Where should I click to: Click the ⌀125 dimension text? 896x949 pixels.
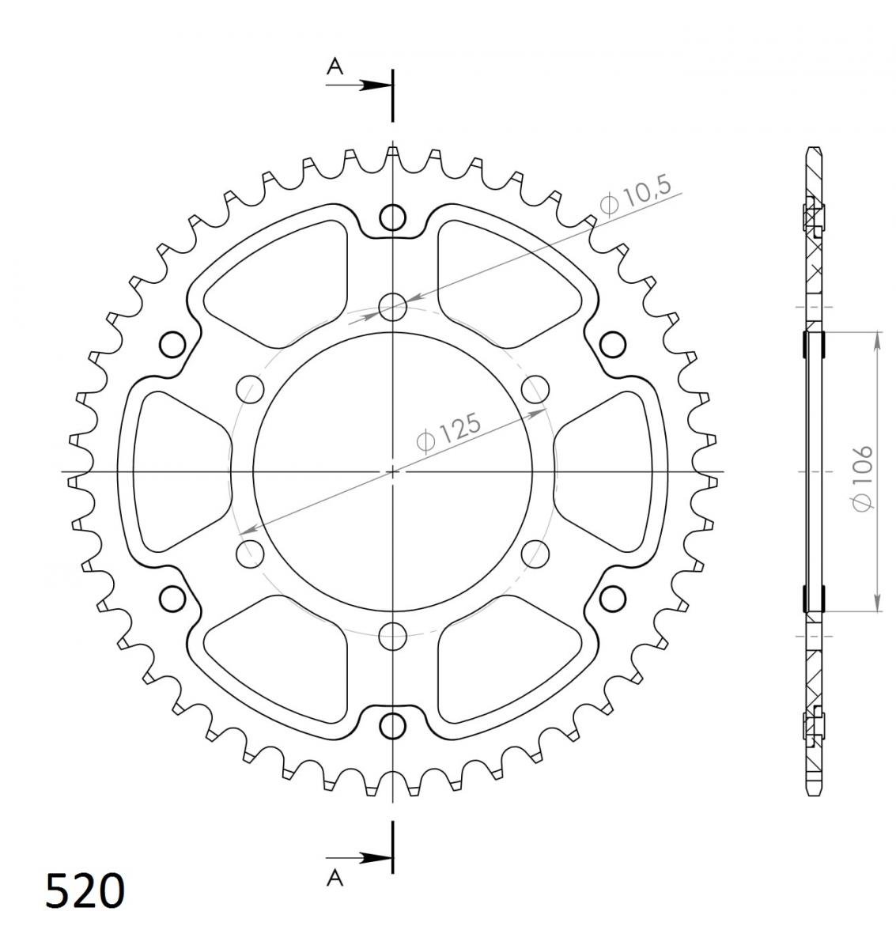[448, 431]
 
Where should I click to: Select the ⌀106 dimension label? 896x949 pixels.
[863, 478]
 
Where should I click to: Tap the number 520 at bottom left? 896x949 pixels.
[85, 890]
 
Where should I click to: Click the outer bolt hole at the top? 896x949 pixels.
[392, 217]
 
